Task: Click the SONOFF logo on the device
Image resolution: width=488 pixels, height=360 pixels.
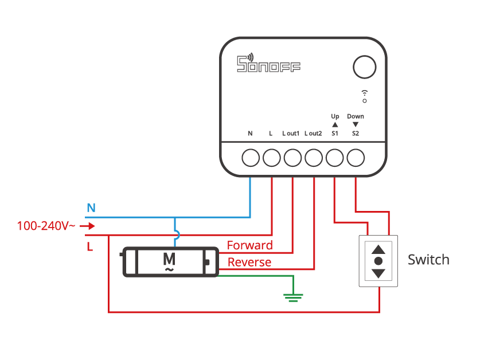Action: point(268,64)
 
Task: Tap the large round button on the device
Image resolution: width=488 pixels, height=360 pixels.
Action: point(365,67)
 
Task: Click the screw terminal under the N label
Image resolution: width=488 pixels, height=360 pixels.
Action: point(251,157)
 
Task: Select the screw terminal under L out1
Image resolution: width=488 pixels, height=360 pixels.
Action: point(292,157)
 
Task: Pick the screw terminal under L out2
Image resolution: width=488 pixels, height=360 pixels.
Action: point(314,157)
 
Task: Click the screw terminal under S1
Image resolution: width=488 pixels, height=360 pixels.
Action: point(335,157)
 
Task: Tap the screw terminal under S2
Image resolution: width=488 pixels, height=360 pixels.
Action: point(356,157)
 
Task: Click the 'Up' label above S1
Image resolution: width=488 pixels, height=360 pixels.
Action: point(335,116)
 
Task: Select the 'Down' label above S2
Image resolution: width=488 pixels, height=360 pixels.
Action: point(356,116)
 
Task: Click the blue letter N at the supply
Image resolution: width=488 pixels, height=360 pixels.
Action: point(91,208)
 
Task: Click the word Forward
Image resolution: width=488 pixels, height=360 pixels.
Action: point(250,245)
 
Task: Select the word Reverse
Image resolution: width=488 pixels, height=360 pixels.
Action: point(249,263)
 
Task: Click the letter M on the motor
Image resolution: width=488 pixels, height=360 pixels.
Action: point(169,259)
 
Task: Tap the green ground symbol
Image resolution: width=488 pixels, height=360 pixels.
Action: point(294,297)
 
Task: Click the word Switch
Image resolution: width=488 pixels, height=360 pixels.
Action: point(428,260)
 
